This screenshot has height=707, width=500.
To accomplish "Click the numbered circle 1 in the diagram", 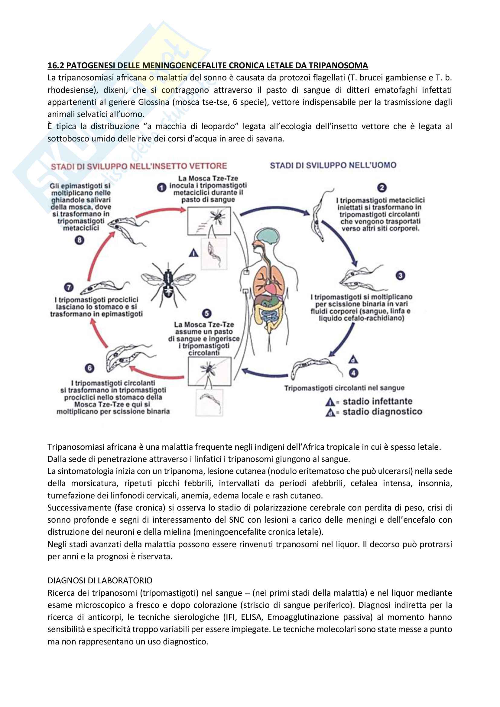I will point(161,187).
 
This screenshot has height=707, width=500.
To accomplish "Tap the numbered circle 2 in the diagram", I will point(382,187).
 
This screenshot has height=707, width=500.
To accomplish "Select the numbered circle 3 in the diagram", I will point(400,275).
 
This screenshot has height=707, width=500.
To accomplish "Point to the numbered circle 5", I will point(206,313).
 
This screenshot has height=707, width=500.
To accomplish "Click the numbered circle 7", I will point(69,287).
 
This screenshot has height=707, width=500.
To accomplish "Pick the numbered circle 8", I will point(80,240).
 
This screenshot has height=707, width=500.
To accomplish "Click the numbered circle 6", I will point(89,368).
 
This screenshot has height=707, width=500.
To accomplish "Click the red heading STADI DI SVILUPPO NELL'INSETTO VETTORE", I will point(139,166).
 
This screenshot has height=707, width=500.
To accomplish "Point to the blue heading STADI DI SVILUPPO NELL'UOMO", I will point(333,165).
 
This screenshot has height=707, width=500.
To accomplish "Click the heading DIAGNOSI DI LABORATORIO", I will point(100,580).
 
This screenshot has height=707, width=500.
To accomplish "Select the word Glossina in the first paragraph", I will point(153,102).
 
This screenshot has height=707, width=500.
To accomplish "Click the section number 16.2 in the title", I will point(56,65).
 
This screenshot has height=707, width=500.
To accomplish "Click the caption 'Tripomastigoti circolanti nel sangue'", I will point(344,388).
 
